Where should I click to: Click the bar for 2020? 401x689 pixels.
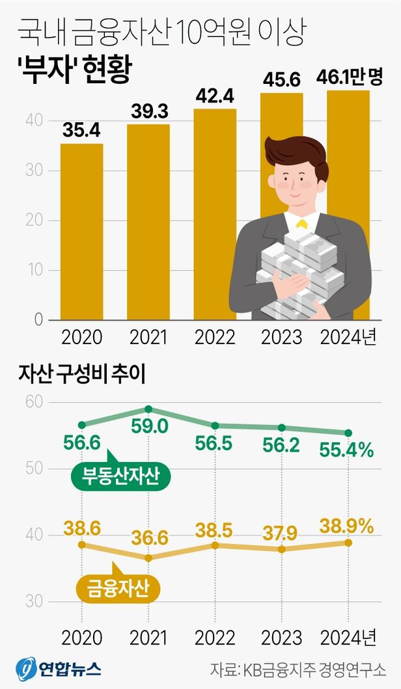(x=81, y=231)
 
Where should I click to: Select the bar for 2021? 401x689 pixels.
(x=148, y=221)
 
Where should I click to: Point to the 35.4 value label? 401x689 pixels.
(x=81, y=131)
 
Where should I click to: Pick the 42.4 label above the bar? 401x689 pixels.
(x=215, y=97)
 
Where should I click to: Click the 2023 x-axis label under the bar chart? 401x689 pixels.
(x=281, y=338)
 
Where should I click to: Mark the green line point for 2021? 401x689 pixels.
(x=148, y=409)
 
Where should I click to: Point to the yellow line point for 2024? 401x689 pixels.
(x=349, y=543)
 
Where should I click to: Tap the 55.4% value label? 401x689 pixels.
(x=346, y=449)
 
